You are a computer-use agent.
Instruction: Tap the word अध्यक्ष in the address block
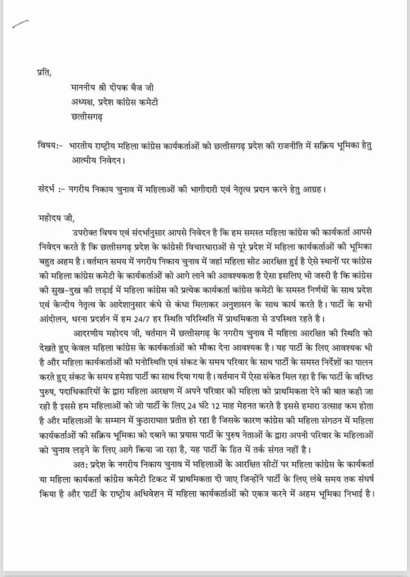[81, 103]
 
